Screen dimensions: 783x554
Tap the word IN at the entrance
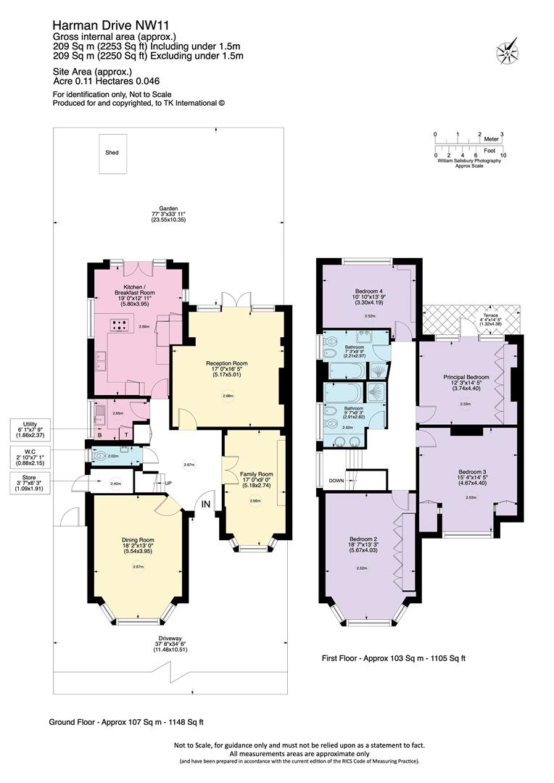[x=206, y=504]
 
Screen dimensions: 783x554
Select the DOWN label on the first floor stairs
[x=336, y=480]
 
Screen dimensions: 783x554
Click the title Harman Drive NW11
[x=103, y=25]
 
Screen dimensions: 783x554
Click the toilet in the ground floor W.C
[x=101, y=455]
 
